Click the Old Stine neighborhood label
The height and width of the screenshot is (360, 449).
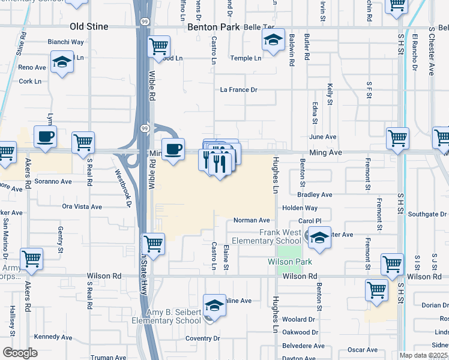88,27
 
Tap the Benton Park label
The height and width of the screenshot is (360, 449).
214,27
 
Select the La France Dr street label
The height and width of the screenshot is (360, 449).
238,90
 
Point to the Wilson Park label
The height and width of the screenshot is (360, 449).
290,262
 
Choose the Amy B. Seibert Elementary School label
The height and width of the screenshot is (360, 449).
174,316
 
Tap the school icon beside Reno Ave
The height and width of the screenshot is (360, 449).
61,62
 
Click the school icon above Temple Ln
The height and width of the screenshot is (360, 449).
273,41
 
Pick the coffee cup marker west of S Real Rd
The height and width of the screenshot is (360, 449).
46,137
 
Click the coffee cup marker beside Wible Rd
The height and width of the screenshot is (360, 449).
173,149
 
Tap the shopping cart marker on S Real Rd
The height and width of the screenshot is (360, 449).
83,143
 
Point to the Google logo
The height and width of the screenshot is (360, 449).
20,353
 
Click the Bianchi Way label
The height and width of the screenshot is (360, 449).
66,42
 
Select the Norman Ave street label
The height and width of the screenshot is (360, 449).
252,221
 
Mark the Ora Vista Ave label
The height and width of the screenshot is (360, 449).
82,206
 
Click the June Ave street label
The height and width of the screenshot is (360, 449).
322,137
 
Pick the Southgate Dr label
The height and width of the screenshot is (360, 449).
425,214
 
